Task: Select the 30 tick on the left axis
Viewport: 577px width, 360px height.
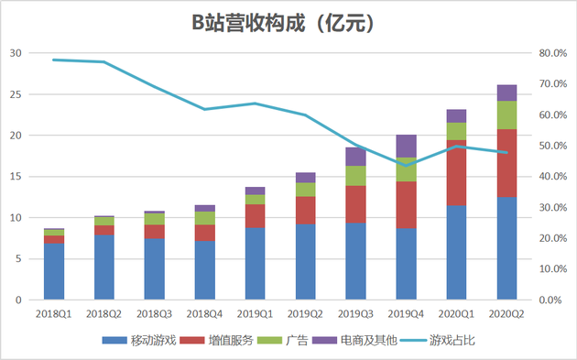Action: click(16, 53)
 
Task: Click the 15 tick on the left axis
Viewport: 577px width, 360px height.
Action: click(16, 177)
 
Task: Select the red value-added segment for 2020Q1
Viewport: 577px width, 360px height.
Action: click(456, 173)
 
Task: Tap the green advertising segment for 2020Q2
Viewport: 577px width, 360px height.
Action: click(506, 115)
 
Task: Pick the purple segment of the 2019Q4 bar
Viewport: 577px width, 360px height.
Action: click(406, 146)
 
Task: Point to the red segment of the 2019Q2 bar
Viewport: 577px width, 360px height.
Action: click(305, 210)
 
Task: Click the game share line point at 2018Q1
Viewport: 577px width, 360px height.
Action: click(54, 60)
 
